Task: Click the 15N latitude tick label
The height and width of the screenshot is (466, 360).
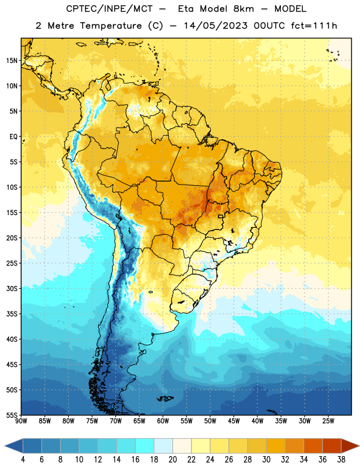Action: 12,61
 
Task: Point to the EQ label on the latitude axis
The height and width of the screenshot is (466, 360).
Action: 13,137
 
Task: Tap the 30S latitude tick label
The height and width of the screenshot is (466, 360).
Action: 12,288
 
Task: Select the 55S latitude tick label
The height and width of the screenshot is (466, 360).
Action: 12,415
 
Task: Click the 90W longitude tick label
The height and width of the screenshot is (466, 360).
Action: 21,421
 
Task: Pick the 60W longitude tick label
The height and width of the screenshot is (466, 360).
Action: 163,421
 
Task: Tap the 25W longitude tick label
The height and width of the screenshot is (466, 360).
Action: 328,421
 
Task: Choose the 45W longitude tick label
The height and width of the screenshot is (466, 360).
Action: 234,421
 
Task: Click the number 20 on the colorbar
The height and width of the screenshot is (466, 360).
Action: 172,460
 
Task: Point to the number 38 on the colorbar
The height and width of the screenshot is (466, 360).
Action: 341,460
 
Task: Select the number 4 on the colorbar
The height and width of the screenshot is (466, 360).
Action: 23,460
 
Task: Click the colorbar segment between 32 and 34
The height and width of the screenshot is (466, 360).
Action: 294,446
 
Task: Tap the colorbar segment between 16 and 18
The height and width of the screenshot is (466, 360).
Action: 144,446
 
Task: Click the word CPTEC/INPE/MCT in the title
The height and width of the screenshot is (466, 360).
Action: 109,9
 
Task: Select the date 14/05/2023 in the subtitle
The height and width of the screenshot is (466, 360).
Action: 215,26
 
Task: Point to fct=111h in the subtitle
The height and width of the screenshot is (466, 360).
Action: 314,26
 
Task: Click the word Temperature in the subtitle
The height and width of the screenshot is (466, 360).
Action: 111,26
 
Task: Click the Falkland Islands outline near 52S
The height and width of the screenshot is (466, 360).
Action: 165,398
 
